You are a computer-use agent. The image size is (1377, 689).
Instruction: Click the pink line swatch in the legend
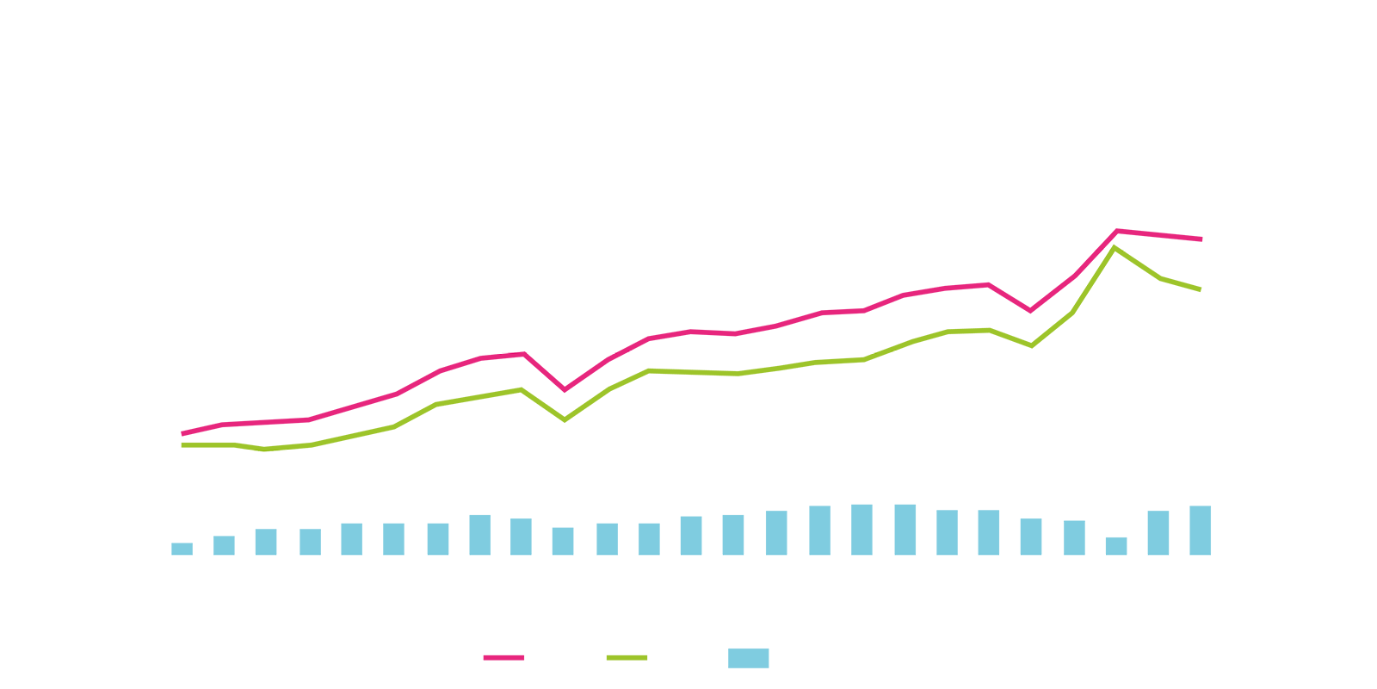[x=503, y=657]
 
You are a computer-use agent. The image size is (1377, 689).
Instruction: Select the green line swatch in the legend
[x=627, y=657]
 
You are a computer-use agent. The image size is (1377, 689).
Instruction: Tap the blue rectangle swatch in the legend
[x=749, y=657]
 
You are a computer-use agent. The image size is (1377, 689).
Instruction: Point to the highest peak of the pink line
[x=1117, y=231]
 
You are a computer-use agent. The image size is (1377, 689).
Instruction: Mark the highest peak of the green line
[x=1115, y=248]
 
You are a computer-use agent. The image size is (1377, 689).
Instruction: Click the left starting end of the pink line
[x=182, y=433]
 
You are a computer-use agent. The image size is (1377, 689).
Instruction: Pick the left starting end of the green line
[x=182, y=444]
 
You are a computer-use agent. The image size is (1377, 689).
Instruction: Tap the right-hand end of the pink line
[x=1201, y=239]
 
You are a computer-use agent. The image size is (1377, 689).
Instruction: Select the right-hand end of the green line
[x=1200, y=289]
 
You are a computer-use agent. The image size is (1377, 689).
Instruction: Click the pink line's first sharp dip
[x=565, y=389]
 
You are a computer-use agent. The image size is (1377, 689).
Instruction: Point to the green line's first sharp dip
[x=565, y=419]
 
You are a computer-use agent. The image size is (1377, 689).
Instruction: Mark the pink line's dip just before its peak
[x=1030, y=310]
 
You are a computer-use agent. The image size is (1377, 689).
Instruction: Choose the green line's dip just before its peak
[x=1031, y=345]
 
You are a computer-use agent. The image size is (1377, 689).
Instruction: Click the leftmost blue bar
[x=182, y=549]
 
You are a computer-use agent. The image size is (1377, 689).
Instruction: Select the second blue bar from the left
[x=224, y=545]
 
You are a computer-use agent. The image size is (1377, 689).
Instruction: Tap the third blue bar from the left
[x=266, y=542]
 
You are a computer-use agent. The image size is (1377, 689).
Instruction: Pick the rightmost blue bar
[x=1201, y=530]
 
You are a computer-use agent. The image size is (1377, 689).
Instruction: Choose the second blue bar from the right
[x=1158, y=532]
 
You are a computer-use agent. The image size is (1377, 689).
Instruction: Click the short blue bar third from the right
[x=1116, y=545]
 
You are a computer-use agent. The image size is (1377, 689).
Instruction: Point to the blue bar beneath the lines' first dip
[x=563, y=541]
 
